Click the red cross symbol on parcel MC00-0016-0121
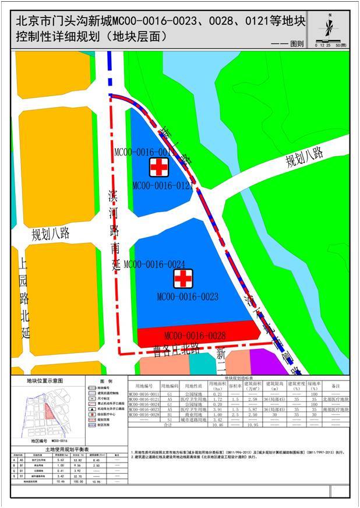point(157,167)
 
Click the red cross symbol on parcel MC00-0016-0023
point(184,278)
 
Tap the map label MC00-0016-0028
point(195,336)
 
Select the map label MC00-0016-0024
point(154,264)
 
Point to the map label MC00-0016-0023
point(188,297)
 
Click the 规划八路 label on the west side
point(51,234)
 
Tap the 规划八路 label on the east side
point(303,158)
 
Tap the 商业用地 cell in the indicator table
point(190,415)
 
